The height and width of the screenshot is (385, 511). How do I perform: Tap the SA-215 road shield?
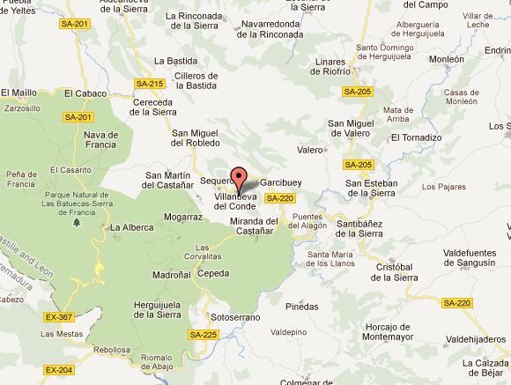tap(150, 84)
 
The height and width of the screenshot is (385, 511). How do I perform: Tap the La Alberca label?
tap(130, 227)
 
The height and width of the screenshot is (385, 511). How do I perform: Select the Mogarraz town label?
tap(182, 216)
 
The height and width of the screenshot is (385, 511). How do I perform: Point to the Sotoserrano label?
tap(233, 315)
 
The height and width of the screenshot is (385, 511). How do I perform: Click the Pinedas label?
tap(301, 307)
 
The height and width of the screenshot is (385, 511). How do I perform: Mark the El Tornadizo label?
tap(418, 137)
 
